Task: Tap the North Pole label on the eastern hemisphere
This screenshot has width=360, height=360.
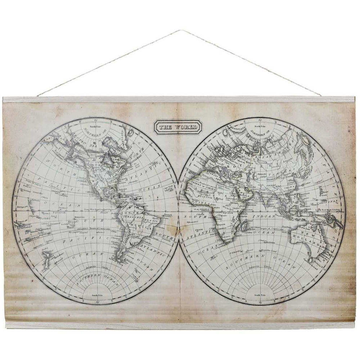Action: tap(261, 126)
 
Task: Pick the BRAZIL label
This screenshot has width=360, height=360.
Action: tap(149, 222)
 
